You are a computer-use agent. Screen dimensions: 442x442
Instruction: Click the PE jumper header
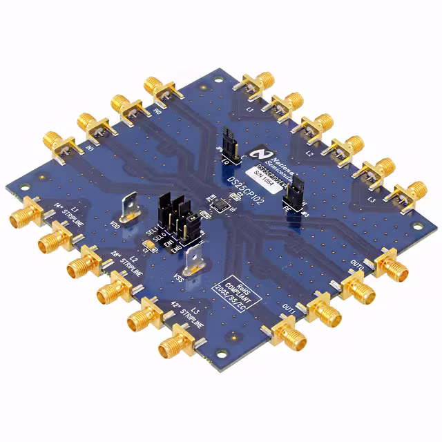tap(295, 196)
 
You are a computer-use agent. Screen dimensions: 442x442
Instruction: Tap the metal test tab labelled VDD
tap(133, 207)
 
